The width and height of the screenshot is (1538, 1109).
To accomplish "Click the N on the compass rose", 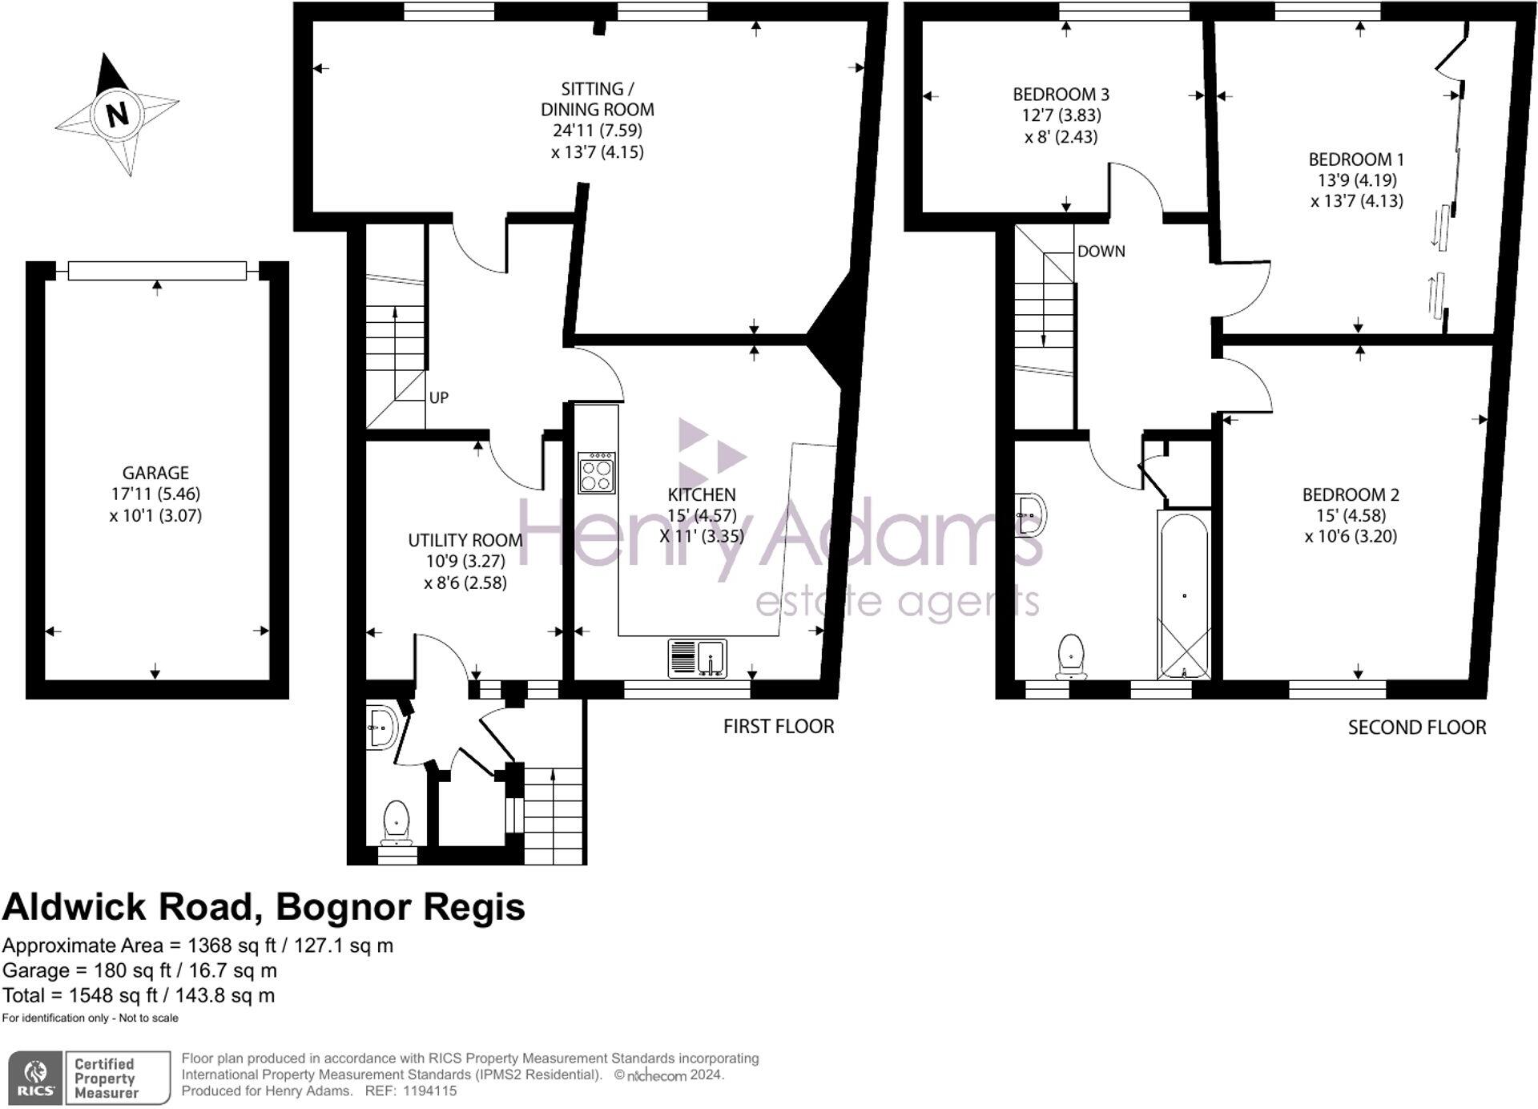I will pyautogui.click(x=117, y=114).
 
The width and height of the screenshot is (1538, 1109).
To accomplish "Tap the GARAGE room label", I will pyautogui.click(x=155, y=473).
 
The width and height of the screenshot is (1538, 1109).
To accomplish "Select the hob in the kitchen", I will pyautogui.click(x=597, y=473).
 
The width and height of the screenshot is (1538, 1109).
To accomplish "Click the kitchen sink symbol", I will pyautogui.click(x=698, y=658).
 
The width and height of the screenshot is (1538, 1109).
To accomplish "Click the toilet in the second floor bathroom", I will pyautogui.click(x=1071, y=655).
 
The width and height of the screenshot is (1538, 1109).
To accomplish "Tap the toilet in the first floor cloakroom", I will pyautogui.click(x=397, y=821).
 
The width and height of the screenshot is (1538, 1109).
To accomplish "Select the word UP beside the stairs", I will pyautogui.click(x=439, y=397).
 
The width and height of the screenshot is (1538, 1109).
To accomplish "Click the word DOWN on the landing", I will pyautogui.click(x=1101, y=252).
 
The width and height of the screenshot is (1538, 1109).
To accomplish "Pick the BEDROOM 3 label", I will pyautogui.click(x=1061, y=95).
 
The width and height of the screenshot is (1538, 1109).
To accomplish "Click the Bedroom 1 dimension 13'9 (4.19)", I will pyautogui.click(x=1356, y=180).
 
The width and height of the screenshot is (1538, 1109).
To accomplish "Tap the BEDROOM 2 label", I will pyautogui.click(x=1351, y=494).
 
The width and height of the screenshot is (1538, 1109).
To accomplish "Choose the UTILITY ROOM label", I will pyautogui.click(x=465, y=540).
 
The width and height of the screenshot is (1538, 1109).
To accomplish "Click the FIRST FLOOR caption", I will pyautogui.click(x=779, y=726).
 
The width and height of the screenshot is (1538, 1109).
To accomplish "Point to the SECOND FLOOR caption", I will pyautogui.click(x=1416, y=727).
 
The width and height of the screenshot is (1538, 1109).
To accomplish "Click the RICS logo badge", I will pyautogui.click(x=34, y=1078).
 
